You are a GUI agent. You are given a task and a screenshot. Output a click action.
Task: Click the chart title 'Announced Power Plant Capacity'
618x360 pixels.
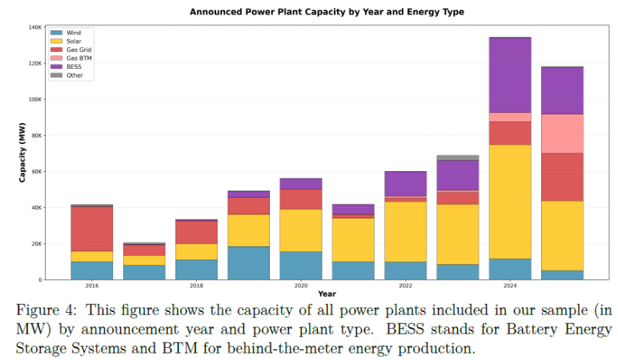tap(327, 12)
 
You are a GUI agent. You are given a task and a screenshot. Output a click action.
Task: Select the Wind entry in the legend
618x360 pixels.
tap(74, 33)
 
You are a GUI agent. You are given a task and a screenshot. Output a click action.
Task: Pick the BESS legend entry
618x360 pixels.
tap(74, 67)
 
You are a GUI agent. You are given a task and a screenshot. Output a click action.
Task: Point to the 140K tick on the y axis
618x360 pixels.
tap(34, 27)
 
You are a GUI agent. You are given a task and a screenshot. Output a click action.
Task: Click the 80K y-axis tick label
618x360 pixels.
tap(36, 135)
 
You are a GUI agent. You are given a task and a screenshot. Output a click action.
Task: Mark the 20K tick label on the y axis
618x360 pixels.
tap(36, 243)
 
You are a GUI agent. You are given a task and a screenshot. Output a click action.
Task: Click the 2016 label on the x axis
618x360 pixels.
tap(91, 285)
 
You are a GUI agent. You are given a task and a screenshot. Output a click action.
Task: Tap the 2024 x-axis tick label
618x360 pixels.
tap(509, 285)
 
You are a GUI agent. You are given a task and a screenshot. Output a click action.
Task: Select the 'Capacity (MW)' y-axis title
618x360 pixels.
tap(22, 153)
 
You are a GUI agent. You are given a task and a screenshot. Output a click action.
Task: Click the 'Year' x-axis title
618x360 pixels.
tap(327, 294)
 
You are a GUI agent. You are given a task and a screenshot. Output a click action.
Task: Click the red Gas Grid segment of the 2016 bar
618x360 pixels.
tap(91, 229)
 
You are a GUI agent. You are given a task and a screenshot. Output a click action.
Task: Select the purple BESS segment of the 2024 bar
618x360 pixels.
tap(509, 75)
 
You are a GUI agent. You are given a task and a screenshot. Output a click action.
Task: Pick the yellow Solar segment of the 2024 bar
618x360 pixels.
tap(509, 201)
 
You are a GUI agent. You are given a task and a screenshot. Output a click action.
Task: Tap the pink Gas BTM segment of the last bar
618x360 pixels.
tap(562, 134)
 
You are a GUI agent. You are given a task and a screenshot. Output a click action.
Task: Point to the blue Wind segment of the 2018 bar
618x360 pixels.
tap(196, 270)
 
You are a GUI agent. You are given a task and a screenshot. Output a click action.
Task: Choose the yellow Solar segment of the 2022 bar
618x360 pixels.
tap(405, 231)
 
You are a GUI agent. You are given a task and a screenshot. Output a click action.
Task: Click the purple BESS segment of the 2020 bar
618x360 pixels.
tap(300, 183)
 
